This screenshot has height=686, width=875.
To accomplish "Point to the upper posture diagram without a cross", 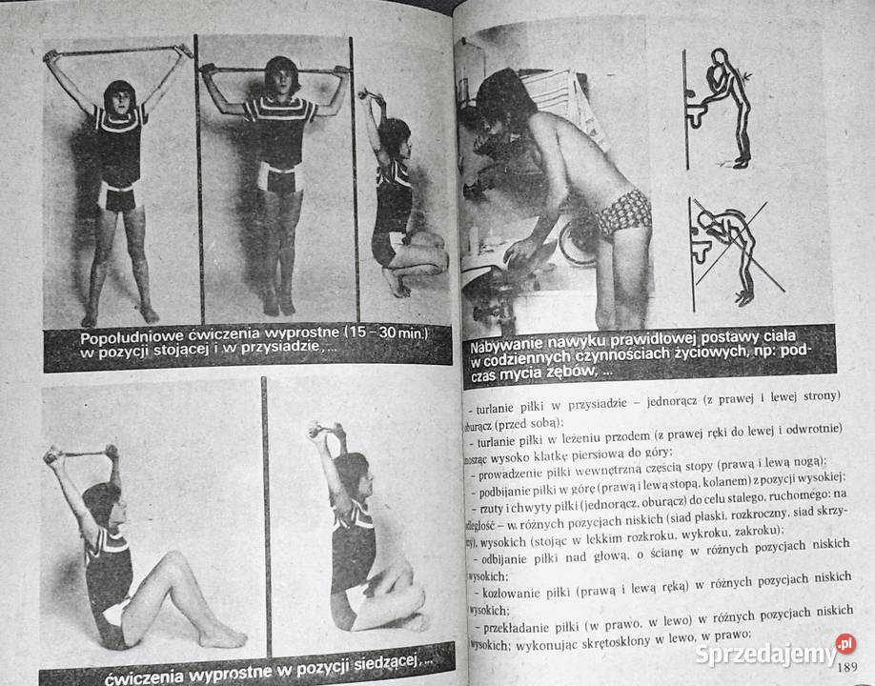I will pyautogui.click(x=722, y=108).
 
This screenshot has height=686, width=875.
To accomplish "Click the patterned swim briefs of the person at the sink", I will pyautogui.click(x=623, y=212).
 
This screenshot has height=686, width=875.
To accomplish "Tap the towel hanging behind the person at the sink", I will pyautogui.click(x=562, y=105).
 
